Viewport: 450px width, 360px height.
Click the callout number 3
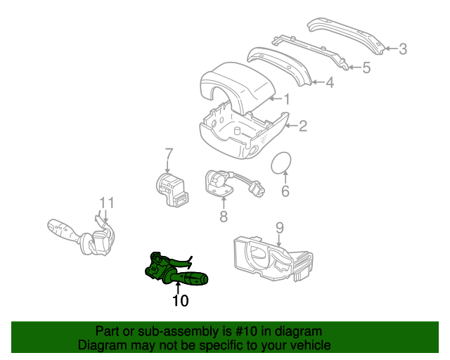click(403, 49)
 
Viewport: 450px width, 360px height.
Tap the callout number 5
click(366, 67)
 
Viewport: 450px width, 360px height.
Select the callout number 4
click(330, 83)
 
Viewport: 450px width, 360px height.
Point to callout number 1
click(287, 99)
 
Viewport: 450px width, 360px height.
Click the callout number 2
click(303, 127)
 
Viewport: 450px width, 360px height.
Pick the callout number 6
click(285, 191)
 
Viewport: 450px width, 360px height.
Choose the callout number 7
click(169, 154)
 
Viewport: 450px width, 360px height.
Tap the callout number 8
click(224, 216)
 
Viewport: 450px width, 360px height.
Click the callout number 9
click(280, 228)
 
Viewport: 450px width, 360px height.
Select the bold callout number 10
click(181, 300)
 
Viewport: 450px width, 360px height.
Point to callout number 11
click(107, 203)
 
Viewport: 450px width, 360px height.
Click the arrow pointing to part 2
click(292, 126)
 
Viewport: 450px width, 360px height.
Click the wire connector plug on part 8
click(257, 188)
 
